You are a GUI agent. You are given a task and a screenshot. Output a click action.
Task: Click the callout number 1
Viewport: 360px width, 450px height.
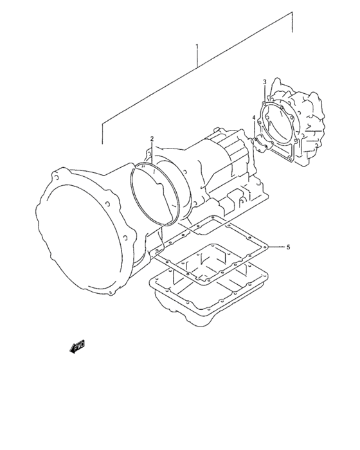coord(197,46)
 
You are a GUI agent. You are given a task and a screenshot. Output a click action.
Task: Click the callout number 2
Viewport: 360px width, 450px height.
coord(152,139)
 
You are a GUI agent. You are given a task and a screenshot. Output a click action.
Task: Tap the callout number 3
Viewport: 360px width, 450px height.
coord(264,82)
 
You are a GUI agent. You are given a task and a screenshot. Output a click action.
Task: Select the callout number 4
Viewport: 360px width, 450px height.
coord(254,118)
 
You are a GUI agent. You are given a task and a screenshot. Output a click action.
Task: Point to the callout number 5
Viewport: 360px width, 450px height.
coord(288,247)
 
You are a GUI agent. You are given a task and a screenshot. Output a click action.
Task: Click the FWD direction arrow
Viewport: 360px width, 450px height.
coord(77,346)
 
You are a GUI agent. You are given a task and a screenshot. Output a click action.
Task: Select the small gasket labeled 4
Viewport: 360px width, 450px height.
coord(262,145)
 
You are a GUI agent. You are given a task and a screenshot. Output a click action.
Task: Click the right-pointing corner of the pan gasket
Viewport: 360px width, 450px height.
coord(267,247)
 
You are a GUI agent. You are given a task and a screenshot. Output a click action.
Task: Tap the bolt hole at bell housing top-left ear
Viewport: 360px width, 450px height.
coord(57,177)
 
